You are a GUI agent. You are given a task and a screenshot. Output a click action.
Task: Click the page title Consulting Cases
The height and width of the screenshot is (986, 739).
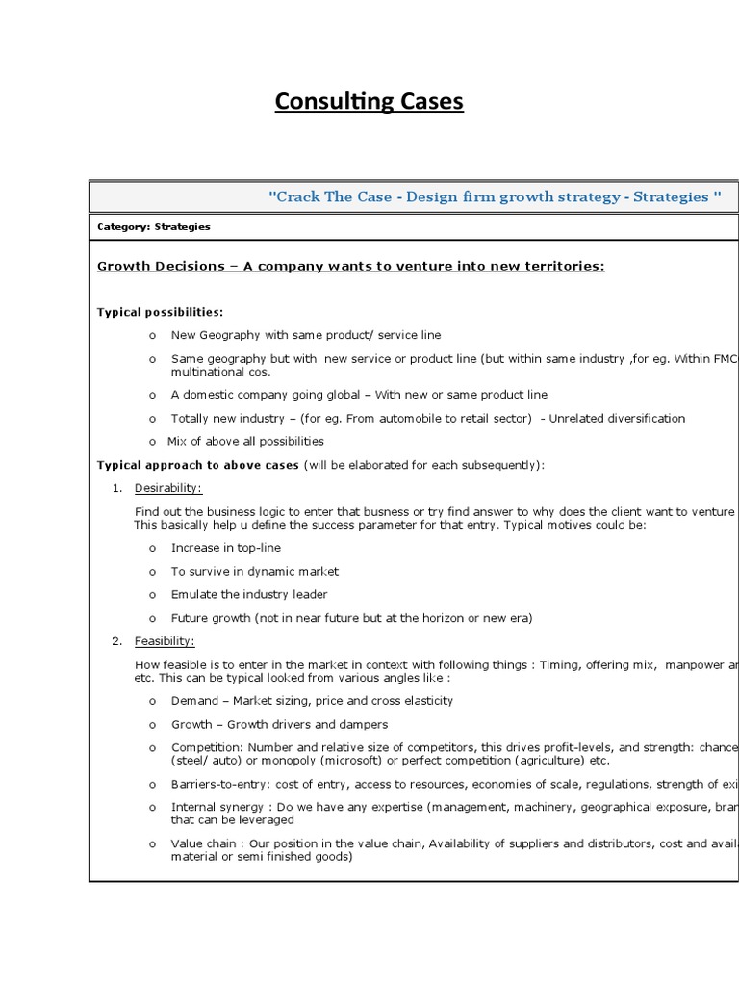(x=369, y=102)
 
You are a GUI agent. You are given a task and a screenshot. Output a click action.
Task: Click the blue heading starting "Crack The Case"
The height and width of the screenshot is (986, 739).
(x=495, y=196)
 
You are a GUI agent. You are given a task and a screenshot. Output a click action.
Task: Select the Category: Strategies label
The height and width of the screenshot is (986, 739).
(x=154, y=227)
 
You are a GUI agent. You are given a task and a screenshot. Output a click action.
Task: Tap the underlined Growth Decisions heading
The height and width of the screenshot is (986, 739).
(x=351, y=266)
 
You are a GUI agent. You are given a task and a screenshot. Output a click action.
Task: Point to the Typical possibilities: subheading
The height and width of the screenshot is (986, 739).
(x=160, y=312)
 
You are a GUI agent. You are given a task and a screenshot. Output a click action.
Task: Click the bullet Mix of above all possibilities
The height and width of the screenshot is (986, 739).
(x=245, y=442)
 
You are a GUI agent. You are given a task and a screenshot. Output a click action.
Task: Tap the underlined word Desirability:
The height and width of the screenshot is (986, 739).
(x=168, y=488)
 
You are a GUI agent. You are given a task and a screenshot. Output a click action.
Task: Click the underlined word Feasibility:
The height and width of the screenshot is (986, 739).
(x=165, y=641)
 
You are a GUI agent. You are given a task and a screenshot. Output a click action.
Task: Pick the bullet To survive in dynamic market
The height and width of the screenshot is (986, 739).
(x=255, y=571)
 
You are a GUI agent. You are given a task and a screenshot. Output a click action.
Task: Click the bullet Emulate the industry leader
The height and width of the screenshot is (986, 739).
(x=249, y=594)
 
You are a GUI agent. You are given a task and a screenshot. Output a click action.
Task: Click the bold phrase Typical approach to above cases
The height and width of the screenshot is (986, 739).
(x=199, y=465)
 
